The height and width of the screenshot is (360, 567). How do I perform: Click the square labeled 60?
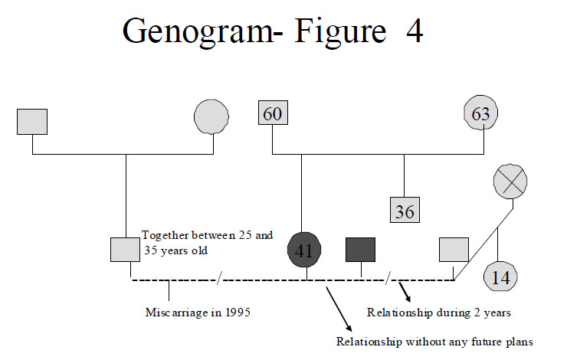[273, 113]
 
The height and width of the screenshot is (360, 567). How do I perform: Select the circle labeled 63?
[480, 114]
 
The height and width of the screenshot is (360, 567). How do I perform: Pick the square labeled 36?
[405, 211]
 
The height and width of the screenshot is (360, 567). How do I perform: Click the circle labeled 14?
[501, 277]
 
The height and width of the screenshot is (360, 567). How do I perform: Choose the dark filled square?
[361, 249]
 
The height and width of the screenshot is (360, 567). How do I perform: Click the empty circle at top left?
[211, 119]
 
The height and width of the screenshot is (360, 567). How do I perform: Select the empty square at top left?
[32, 121]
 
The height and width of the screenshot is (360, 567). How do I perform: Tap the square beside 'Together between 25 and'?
[126, 250]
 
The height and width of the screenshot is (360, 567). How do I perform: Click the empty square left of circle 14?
[454, 250]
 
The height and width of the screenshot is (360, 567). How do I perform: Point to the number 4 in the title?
[414, 34]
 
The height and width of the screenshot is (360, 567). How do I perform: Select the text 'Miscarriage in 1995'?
[198, 313]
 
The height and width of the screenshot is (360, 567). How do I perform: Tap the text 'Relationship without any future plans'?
[435, 341]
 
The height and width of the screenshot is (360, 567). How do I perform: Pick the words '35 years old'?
[176, 250]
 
